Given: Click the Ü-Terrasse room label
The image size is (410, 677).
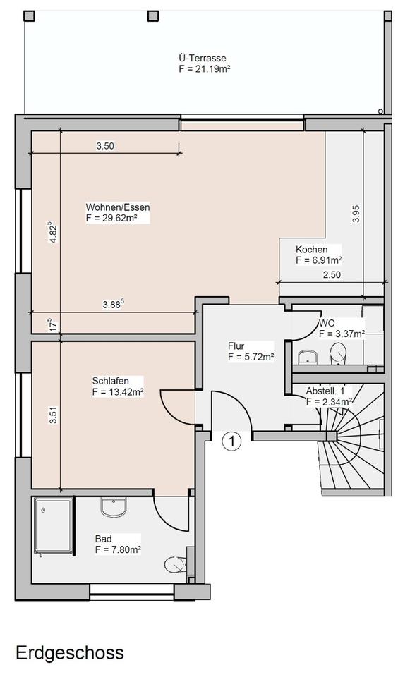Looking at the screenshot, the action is pos(203,58).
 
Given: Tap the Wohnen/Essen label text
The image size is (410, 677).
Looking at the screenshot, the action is pos(118,207).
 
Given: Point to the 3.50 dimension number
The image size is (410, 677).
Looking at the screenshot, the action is pos(105,146).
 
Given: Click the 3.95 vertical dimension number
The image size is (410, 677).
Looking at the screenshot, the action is pos(356,214).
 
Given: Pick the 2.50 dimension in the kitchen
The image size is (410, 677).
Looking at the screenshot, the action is pos(332,274).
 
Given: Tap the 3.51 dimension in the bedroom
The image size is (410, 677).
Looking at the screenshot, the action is pos(53,415).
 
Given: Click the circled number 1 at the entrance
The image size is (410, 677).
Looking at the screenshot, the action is pos(231,441).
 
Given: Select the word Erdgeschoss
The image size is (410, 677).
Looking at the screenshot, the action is pos(70,652).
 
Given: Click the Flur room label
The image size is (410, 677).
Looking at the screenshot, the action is pos(236,346).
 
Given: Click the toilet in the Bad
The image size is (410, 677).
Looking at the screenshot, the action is pos(176,565).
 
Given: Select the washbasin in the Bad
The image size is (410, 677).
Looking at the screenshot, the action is pos(114,506).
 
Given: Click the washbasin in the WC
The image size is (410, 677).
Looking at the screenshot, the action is pos(308,357).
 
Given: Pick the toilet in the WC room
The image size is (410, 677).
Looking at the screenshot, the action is pos(338,354).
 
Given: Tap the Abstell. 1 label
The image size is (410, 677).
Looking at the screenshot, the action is pos(325,391).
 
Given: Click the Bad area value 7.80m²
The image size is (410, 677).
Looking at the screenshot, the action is pos(118,549).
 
